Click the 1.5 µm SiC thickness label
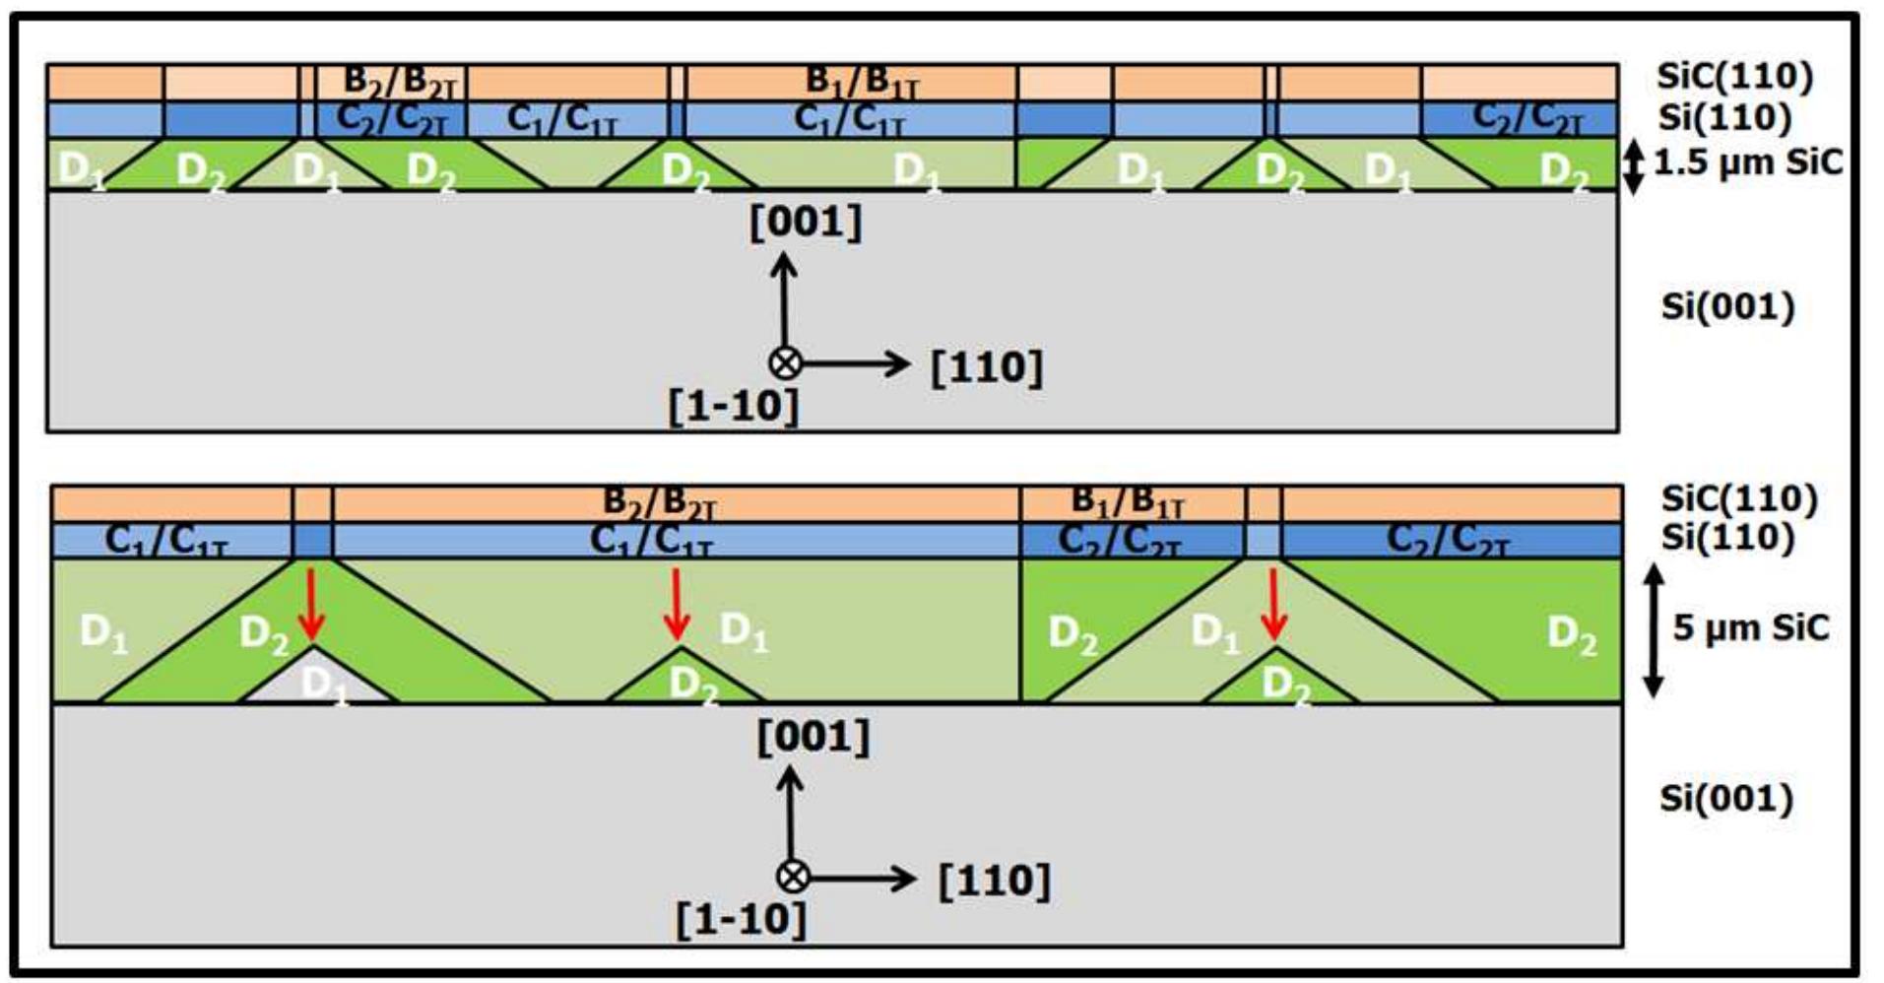click(x=1747, y=163)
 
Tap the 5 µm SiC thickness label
click(x=1751, y=627)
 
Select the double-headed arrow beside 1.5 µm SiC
click(x=1632, y=165)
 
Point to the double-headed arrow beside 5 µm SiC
click(x=1654, y=630)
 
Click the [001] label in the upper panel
click(x=805, y=222)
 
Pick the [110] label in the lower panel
click(x=994, y=880)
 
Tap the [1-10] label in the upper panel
click(x=734, y=406)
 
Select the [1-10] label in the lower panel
click(x=741, y=920)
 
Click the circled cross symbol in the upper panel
click(x=785, y=363)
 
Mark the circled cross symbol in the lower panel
click(x=793, y=877)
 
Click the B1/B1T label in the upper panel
click(x=862, y=83)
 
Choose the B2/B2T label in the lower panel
click(x=659, y=502)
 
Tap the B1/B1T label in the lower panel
click(x=1127, y=502)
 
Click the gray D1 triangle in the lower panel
click(x=318, y=682)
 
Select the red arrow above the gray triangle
click(x=311, y=603)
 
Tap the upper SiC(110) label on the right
click(x=1734, y=76)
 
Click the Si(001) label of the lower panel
click(x=1726, y=798)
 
